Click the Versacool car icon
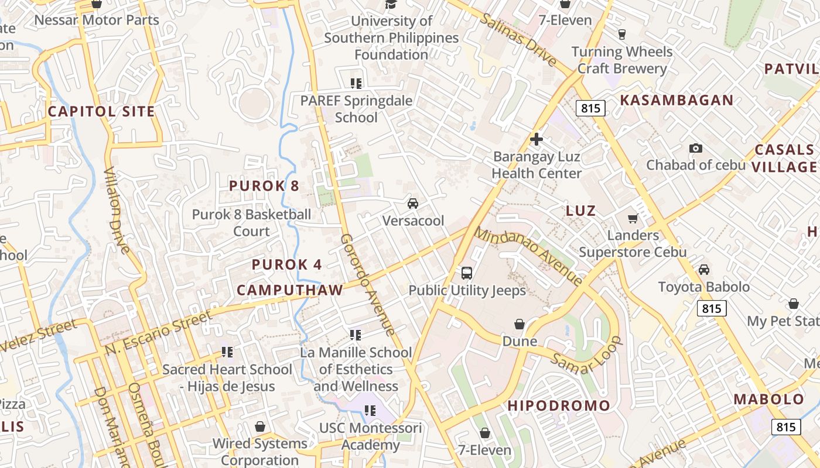413,204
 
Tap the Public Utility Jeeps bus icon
467,273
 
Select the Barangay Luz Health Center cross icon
536,139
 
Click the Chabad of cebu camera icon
696,148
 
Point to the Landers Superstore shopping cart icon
633,218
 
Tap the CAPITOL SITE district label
101,111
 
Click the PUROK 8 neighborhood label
264,186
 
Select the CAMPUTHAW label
289,290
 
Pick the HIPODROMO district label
558,405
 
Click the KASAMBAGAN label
676,100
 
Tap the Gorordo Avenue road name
367,285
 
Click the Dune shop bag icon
520,324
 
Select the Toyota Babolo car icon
704,270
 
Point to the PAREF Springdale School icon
356,83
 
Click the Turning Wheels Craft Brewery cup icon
621,34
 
